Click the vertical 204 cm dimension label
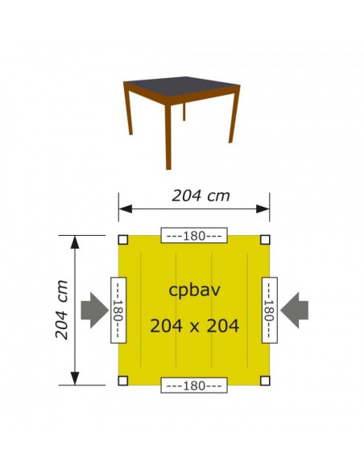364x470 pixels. click(61, 310)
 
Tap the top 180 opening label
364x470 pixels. click(194, 236)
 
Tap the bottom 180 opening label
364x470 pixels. click(194, 385)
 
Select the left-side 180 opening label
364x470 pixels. click(118, 310)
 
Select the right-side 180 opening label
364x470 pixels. click(269, 310)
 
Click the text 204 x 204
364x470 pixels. click(194, 326)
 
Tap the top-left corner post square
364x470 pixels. click(122, 239)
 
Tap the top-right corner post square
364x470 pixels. click(265, 239)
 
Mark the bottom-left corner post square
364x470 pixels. click(122, 381)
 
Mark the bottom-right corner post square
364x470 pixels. click(265, 381)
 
